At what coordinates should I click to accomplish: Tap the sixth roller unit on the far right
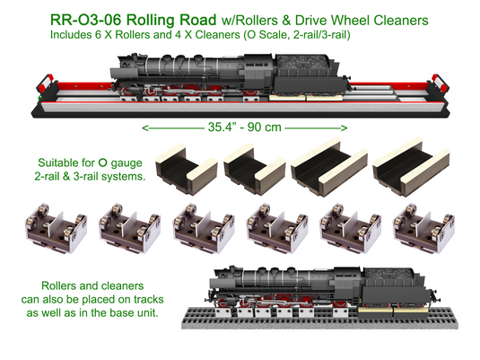click(x=421, y=227)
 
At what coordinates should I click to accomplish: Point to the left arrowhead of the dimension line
click(x=145, y=127)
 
